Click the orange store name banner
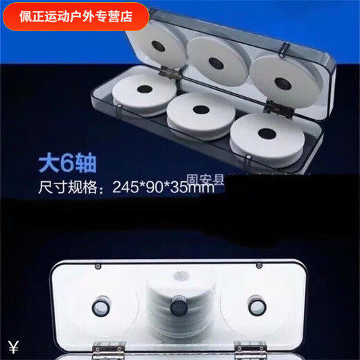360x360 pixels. [75, 16]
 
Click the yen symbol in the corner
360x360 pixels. [13, 347]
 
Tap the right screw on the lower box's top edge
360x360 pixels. [259, 266]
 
